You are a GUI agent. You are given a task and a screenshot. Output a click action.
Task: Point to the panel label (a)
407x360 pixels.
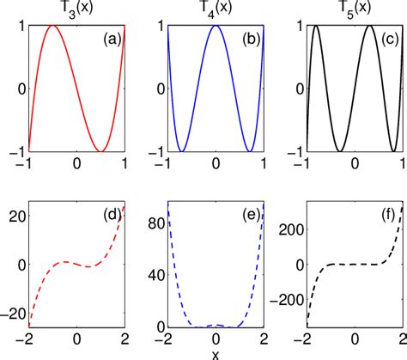112,38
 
